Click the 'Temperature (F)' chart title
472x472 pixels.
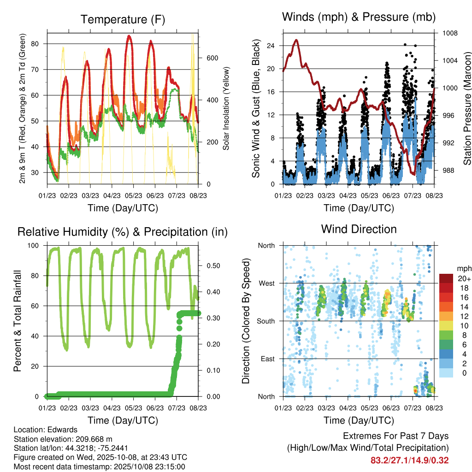(123, 19)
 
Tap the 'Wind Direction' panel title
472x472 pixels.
(359, 229)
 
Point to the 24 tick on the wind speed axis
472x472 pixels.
(271, 46)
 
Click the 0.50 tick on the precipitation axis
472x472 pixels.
(212, 266)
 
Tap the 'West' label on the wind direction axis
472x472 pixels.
(266, 283)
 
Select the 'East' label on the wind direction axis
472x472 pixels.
(267, 359)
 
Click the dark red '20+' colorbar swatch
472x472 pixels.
(446, 278)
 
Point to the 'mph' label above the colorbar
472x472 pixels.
(463, 268)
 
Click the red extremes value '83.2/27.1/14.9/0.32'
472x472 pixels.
(409, 460)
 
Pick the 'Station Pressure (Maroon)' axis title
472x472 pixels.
(466, 109)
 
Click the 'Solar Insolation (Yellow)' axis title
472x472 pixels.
(226, 109)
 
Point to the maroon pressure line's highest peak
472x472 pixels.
(296, 40)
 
